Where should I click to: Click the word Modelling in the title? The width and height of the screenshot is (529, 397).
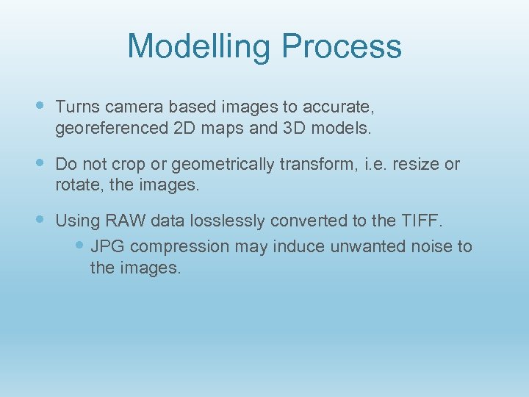[x=199, y=46]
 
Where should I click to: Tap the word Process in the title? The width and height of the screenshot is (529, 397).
[x=342, y=46]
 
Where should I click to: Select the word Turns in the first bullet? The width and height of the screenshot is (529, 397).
[x=76, y=107]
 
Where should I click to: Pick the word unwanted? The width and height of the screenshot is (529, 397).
[x=365, y=246]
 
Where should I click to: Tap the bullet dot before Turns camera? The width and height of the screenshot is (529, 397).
[x=40, y=106]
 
